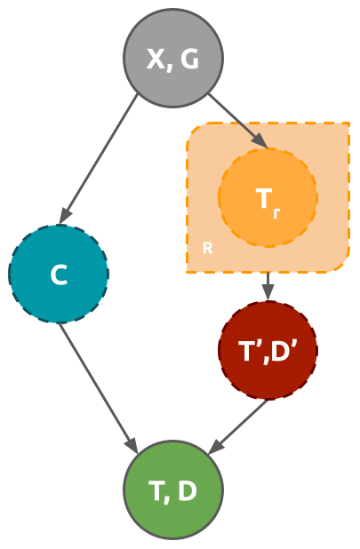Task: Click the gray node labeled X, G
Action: point(172,58)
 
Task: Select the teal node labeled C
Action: point(59,274)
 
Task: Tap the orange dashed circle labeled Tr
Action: point(268,197)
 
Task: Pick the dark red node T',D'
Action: point(268,350)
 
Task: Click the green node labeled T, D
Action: point(173,490)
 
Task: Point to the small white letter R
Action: point(207,248)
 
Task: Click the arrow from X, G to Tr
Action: point(236,119)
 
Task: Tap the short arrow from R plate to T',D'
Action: point(268,286)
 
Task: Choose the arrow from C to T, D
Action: point(98,387)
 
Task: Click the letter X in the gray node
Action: point(156,60)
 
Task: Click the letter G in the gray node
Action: point(188,60)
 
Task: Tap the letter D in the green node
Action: point(187,491)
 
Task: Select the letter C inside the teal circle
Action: point(59,275)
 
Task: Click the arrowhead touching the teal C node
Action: point(65,215)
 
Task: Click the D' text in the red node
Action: point(284,351)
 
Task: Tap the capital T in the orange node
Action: point(264,199)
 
